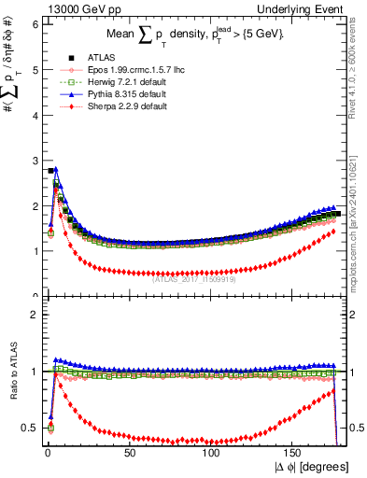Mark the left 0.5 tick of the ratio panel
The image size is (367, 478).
pos(31,428)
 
